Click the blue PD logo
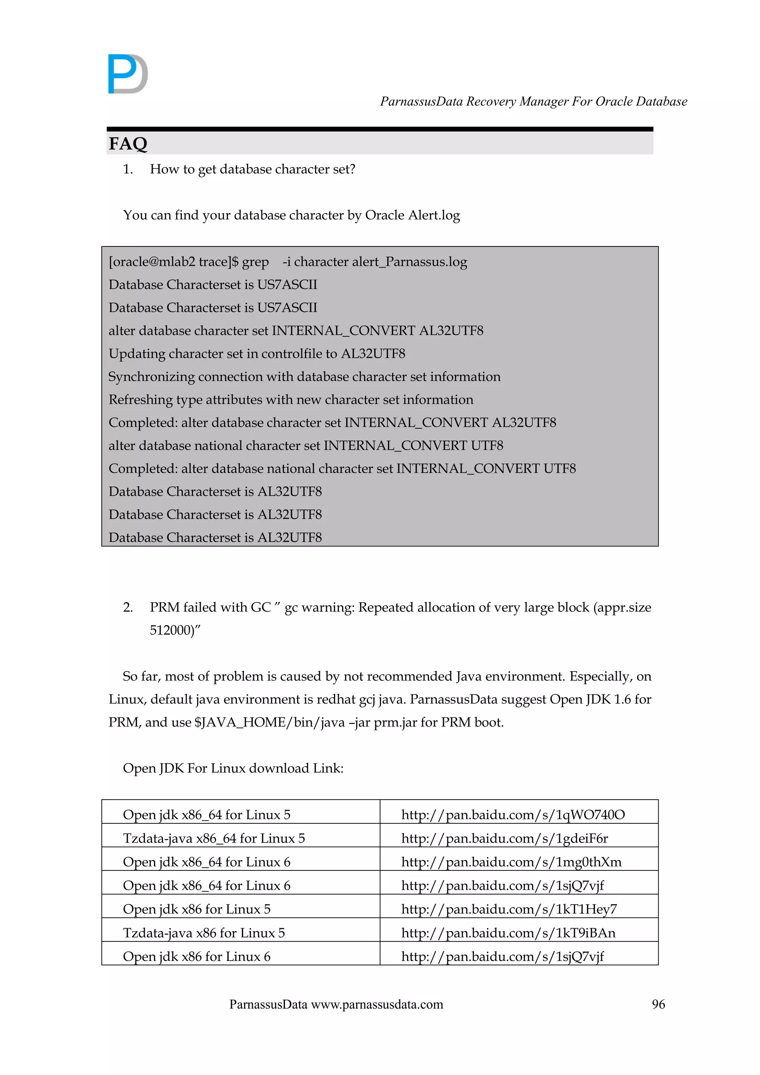click(x=128, y=74)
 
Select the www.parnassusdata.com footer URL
click(x=377, y=1004)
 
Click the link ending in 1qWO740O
click(x=513, y=815)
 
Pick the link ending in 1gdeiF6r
click(x=504, y=838)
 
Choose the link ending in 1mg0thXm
click(x=511, y=862)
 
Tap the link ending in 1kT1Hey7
click(x=509, y=909)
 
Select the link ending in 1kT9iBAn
click(x=508, y=933)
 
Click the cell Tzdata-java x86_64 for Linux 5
click(x=214, y=838)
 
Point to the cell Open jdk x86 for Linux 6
click(x=197, y=957)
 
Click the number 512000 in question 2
click(x=170, y=630)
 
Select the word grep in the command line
click(x=255, y=262)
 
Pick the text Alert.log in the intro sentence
click(x=433, y=215)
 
